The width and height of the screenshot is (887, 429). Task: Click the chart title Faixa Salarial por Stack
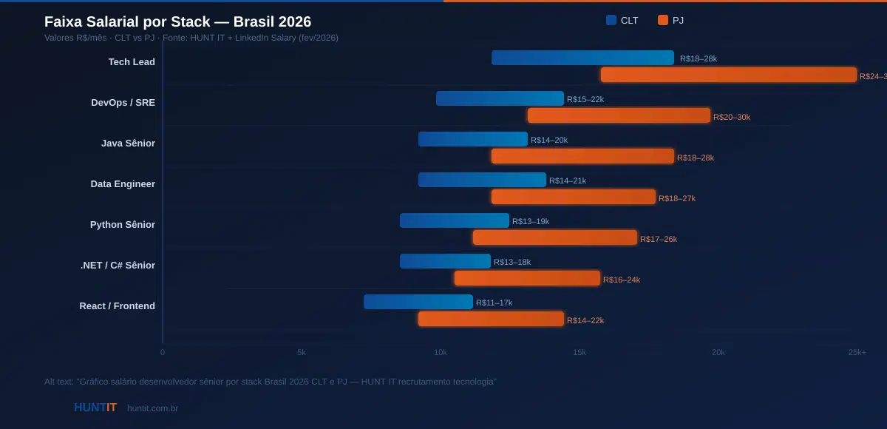pyautogui.click(x=177, y=21)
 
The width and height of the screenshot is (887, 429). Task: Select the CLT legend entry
pyautogui.click(x=622, y=21)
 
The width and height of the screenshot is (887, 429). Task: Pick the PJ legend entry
pyautogui.click(x=670, y=21)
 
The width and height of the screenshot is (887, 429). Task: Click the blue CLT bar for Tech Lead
pyautogui.click(x=582, y=58)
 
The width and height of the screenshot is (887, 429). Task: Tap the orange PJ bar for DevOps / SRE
pyautogui.click(x=619, y=115)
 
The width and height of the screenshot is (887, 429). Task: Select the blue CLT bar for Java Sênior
pyautogui.click(x=473, y=139)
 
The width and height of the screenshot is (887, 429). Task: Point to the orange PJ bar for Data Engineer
pyautogui.click(x=574, y=197)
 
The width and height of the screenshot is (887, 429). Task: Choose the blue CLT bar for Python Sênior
pyautogui.click(x=455, y=220)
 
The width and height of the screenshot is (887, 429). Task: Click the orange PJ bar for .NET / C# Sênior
pyautogui.click(x=528, y=278)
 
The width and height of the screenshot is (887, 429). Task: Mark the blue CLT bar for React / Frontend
pyautogui.click(x=418, y=302)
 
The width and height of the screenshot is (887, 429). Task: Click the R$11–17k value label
pyautogui.click(x=494, y=303)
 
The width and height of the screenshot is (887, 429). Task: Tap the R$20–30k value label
pyautogui.click(x=731, y=117)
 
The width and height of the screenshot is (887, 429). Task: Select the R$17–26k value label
pyautogui.click(x=658, y=239)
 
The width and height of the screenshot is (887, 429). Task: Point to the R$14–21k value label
pyautogui.click(x=568, y=180)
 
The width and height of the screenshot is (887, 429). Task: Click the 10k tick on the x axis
pyautogui.click(x=441, y=352)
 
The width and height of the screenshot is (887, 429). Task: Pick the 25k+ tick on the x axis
pyautogui.click(x=857, y=352)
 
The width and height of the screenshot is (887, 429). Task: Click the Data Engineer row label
pyautogui.click(x=123, y=184)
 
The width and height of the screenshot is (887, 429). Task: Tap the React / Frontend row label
pyautogui.click(x=117, y=306)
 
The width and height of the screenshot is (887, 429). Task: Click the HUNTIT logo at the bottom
pyautogui.click(x=95, y=408)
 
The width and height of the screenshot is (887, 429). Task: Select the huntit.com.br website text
pyautogui.click(x=152, y=408)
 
